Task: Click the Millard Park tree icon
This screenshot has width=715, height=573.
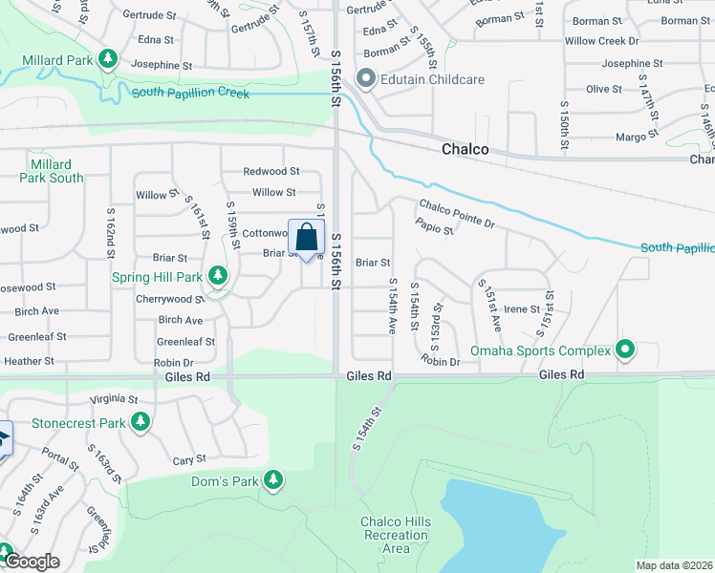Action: [x=108, y=60]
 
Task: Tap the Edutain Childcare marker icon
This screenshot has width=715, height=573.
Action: [x=364, y=78]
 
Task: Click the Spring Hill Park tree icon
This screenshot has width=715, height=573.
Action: [x=218, y=276]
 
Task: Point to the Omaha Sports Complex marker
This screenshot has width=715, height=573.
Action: [x=625, y=350]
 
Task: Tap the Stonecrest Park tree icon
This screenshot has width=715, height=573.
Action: [x=141, y=421]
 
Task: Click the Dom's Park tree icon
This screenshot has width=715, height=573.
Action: [x=273, y=479]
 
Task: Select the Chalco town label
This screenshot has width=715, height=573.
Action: [x=466, y=150]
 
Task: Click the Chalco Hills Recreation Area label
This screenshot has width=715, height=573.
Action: [x=395, y=535]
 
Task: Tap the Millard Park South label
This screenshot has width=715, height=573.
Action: [x=53, y=172]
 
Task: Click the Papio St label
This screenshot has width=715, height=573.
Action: [x=434, y=227]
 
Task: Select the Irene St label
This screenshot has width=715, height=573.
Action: [x=522, y=308]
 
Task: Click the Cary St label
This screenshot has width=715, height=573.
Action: [x=184, y=460]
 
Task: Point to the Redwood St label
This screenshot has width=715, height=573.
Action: [x=271, y=172]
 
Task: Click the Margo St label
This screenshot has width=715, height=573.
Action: [x=631, y=138]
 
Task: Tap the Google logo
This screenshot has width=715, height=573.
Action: [x=32, y=562]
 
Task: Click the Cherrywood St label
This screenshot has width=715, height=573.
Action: [x=170, y=299]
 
